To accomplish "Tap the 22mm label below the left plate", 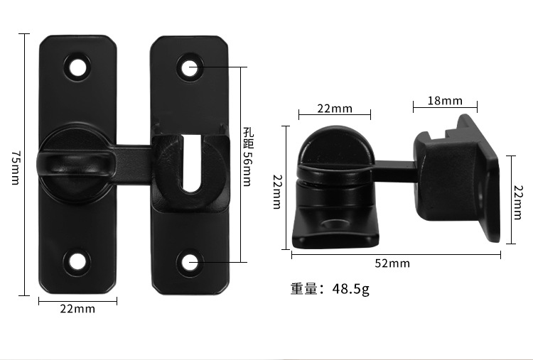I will [77, 308].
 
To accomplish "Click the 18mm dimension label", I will [445, 101].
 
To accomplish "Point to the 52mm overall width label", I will [392, 263].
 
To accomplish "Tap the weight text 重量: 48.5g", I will [330, 289].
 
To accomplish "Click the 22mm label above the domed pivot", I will [334, 108].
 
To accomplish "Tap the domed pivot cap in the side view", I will [333, 146].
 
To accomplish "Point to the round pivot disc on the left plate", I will [75, 163].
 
